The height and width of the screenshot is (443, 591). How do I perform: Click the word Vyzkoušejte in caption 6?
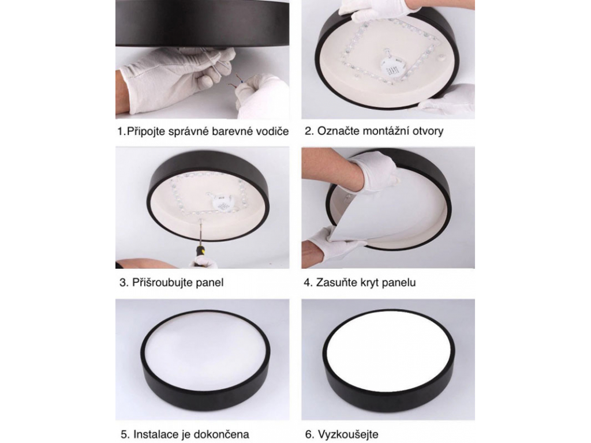[348, 434]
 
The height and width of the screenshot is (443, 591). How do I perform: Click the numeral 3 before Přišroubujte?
[122, 283]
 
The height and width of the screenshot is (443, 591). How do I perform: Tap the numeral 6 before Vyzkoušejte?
[308, 434]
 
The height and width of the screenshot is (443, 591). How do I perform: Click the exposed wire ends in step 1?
[236, 83]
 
